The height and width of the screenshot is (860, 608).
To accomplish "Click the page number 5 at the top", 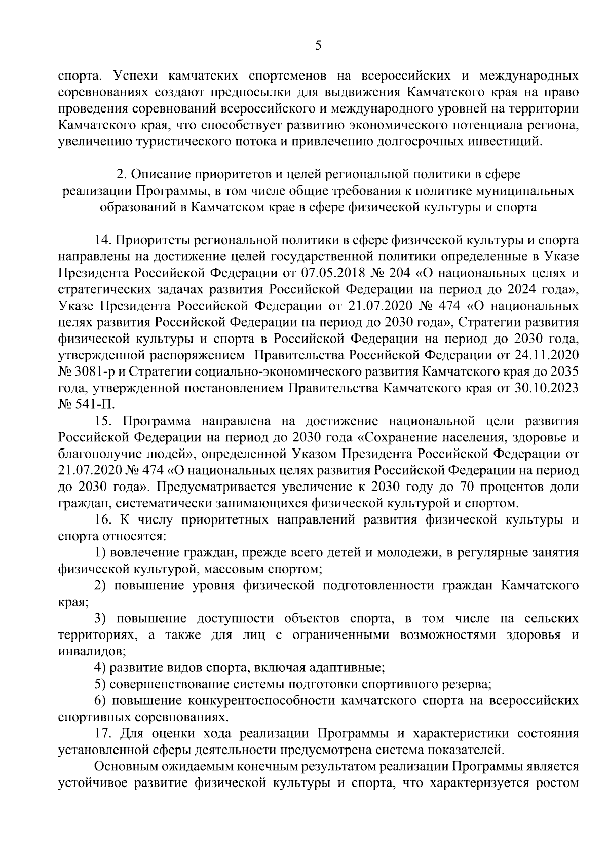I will [318, 46].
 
